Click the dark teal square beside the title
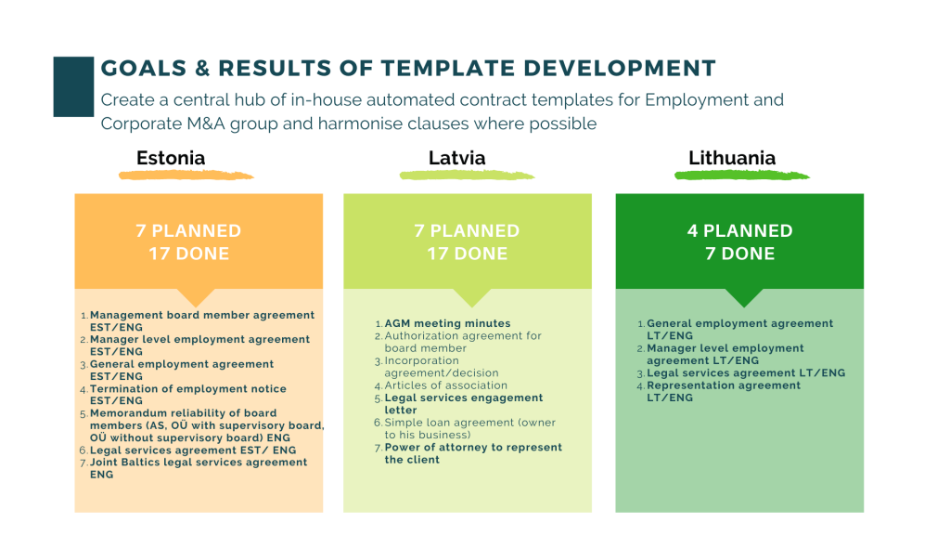click(x=73, y=86)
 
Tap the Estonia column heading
click(x=171, y=158)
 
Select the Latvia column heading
click(x=456, y=158)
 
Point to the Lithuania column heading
click(x=732, y=158)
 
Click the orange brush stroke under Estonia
click(x=186, y=176)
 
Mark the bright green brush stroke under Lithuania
click(x=742, y=176)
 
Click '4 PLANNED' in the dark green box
click(x=739, y=230)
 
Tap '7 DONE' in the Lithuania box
click(x=739, y=254)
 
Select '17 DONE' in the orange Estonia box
click(x=189, y=254)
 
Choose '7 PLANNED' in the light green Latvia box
click(x=468, y=230)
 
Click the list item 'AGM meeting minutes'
click(x=448, y=324)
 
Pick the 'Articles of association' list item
click(x=446, y=385)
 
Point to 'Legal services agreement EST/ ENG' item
click(x=193, y=450)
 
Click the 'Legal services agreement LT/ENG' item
click(x=746, y=373)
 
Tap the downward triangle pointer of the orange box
click(x=197, y=297)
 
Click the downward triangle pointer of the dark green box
click(x=744, y=297)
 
